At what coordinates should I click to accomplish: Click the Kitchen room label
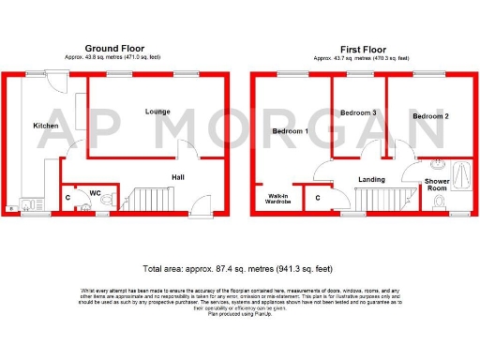pos(46,126)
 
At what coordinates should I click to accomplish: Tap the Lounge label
pos(157,112)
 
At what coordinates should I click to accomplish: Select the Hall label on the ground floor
pos(177,175)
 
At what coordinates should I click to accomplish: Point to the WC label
pos(95,194)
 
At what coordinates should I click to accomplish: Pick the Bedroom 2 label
pos(429,116)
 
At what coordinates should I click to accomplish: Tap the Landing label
pos(372,177)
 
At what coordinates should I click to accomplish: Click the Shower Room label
pos(437,185)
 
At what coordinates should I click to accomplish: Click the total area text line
pos(240,268)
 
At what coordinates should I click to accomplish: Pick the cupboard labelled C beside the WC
pos(68,198)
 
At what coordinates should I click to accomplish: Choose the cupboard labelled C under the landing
pos(318,199)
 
